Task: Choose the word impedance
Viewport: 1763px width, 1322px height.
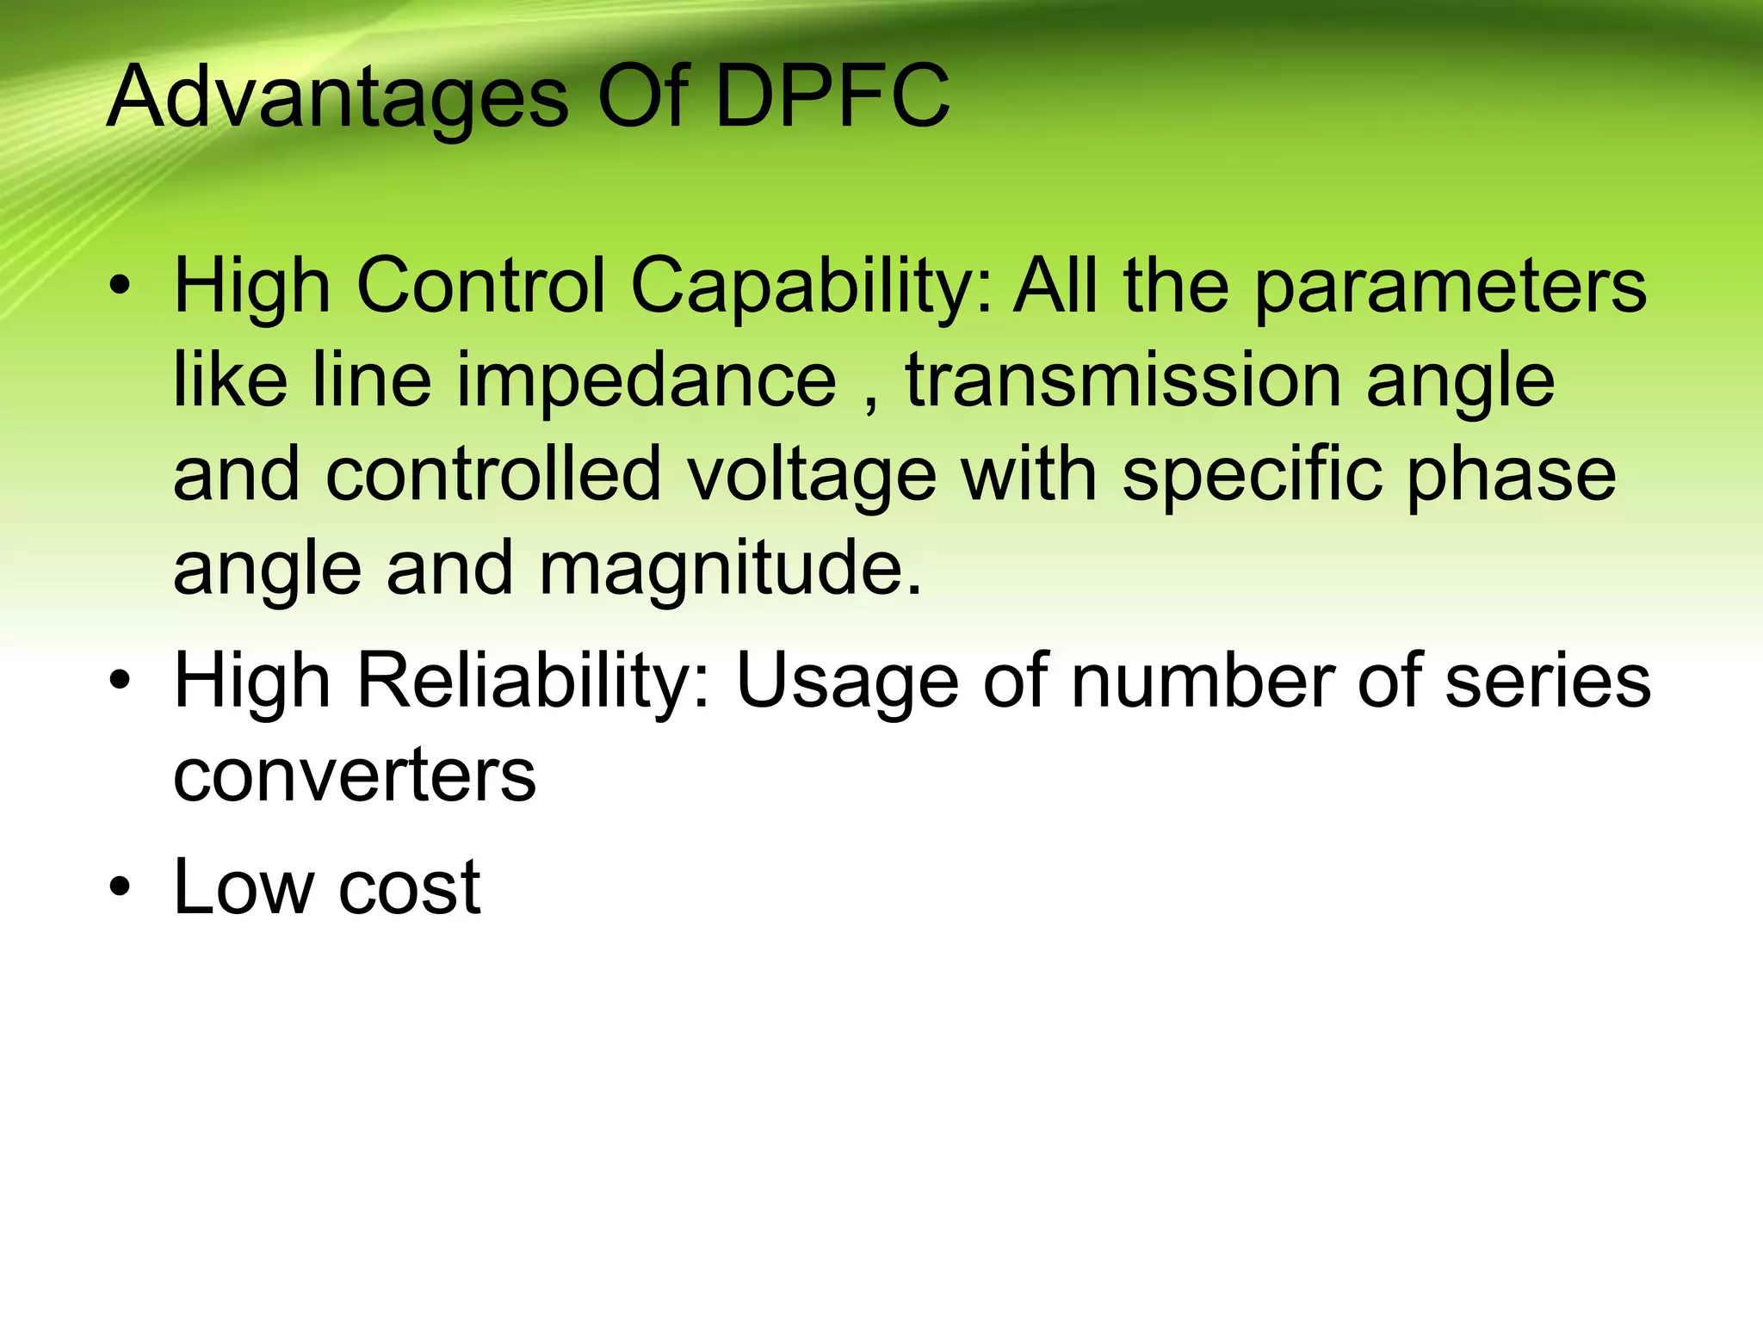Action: click(646, 381)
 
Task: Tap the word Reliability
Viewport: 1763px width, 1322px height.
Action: click(535, 682)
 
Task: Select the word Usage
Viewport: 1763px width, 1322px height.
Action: click(847, 683)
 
